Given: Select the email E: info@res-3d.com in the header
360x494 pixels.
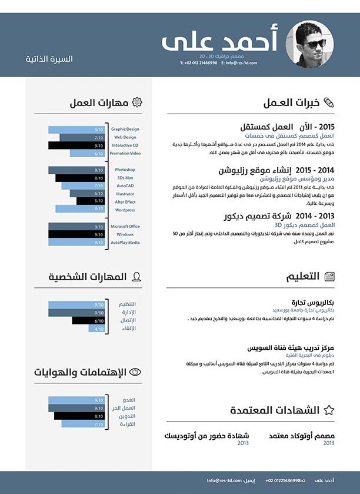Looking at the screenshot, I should (239, 62).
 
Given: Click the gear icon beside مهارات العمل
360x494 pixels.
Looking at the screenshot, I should (137, 102).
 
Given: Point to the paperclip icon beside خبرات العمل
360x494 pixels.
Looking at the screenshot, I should (328, 102).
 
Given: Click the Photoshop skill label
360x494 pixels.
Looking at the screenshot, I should (125, 170).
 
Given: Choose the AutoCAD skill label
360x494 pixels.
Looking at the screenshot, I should (125, 185).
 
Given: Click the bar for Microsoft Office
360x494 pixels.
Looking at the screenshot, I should (76, 226).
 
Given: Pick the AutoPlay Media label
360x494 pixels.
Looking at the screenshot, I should (125, 242).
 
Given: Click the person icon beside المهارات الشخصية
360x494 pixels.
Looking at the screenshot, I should (136, 276).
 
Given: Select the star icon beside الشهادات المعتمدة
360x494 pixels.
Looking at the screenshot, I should (329, 410).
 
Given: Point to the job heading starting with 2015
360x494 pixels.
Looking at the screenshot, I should (288, 127).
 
